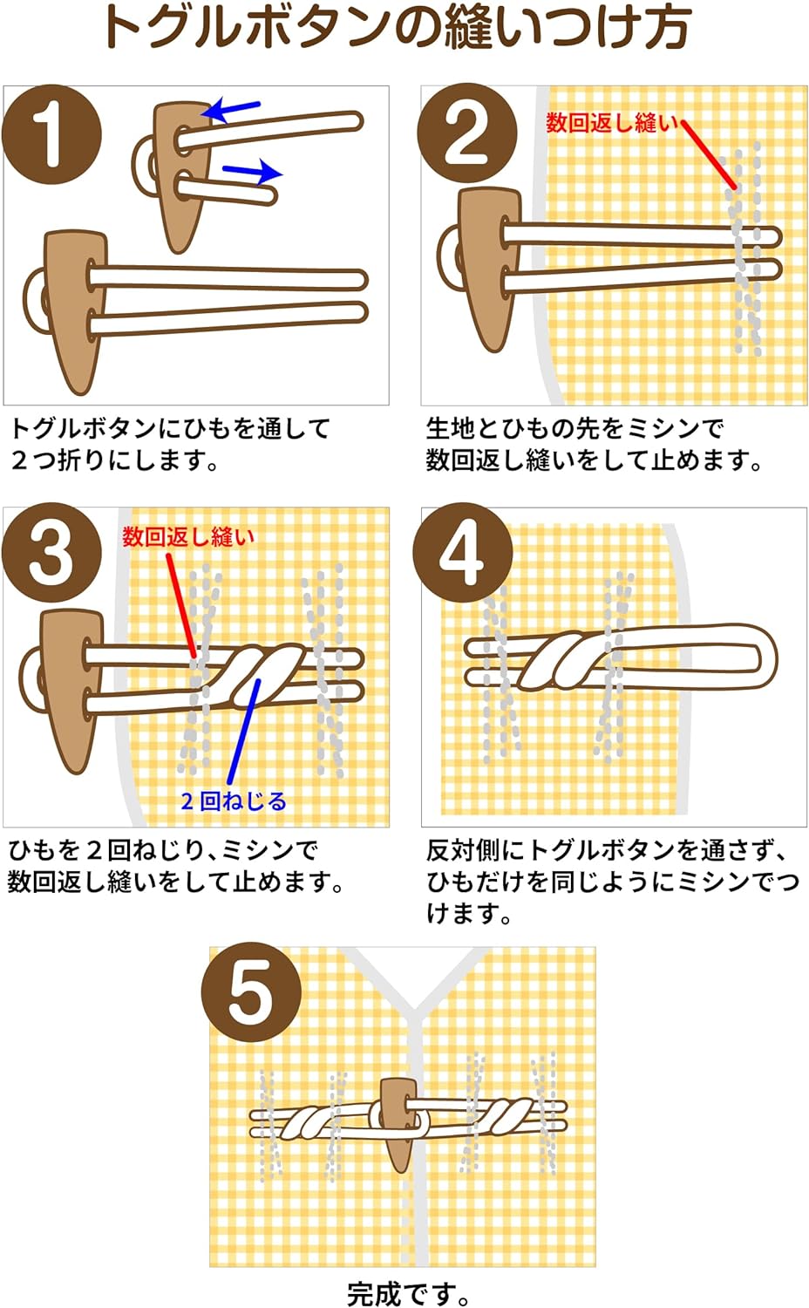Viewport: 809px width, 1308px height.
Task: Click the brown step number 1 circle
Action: point(51,135)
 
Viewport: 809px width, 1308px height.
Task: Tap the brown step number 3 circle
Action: point(51,553)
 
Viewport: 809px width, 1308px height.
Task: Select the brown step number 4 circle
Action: point(462,553)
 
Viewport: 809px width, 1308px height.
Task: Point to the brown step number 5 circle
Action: point(251,994)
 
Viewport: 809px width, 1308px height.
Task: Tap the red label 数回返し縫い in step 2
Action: point(611,123)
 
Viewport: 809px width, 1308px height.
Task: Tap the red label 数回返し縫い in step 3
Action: point(188,536)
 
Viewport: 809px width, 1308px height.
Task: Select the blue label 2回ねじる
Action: point(233,800)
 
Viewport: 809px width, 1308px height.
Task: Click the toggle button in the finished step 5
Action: point(398,1121)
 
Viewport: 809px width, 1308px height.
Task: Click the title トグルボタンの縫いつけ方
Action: point(397,28)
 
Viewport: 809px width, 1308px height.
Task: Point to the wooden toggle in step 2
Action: point(489,262)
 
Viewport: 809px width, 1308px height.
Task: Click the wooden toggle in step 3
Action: point(70,680)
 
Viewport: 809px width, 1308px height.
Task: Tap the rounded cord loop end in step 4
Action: point(758,658)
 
